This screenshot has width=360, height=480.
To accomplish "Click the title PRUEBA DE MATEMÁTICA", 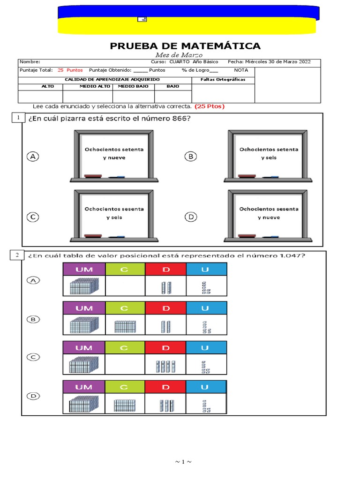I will click(185, 45).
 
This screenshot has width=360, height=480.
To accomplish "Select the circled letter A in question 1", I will click(32, 157).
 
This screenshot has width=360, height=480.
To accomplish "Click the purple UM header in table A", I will click(84, 269).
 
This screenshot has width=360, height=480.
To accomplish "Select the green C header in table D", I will click(125, 387).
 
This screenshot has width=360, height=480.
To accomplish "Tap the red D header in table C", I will click(165, 347).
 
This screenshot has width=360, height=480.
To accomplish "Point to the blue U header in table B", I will click(206, 308).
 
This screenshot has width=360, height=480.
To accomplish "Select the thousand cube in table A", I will click(84, 286).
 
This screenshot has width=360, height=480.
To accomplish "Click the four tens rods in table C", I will click(165, 366).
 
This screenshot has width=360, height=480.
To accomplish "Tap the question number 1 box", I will click(17, 118).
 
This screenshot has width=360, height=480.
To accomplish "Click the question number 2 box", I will click(17, 255).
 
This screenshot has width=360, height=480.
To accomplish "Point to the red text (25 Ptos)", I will click(210, 106).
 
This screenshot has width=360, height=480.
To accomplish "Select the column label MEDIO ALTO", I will click(88, 86).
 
